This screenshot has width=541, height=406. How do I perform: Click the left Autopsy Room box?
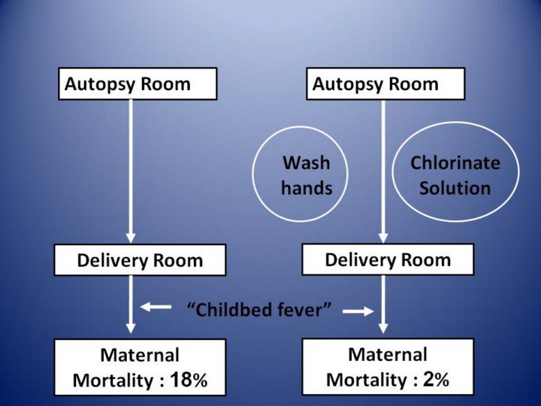point(138,83)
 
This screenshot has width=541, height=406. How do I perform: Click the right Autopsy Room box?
point(385,83)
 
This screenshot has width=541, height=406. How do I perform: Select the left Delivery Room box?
point(140,260)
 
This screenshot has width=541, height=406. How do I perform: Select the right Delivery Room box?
point(388,259)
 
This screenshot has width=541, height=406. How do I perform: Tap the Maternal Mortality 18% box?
point(140,367)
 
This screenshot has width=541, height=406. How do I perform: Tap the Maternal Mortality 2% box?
point(388,366)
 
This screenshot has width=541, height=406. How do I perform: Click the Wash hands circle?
point(305,174)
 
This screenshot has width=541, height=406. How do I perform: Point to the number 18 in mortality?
point(181,379)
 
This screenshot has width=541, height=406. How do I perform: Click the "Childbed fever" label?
point(259,309)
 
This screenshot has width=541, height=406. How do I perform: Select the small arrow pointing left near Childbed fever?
point(156,307)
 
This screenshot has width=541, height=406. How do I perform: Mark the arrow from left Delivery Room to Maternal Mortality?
point(131,304)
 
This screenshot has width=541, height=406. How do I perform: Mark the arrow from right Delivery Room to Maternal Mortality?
point(383,304)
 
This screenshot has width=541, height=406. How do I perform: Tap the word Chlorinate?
point(455,162)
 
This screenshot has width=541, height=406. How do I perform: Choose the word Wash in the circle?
point(306,162)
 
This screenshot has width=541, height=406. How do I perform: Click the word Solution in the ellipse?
point(455,186)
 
